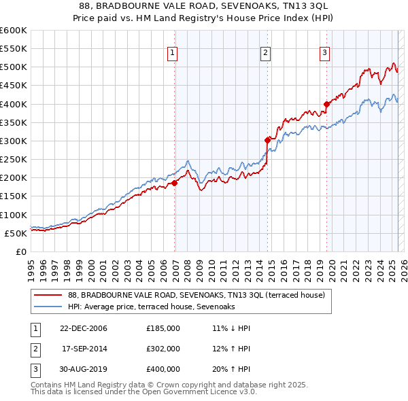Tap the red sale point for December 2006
[175, 183]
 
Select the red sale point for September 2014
[267, 140]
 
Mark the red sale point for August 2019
[326, 104]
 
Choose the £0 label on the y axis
[22, 251]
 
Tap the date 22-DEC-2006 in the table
[83, 328]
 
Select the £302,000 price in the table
[163, 349]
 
